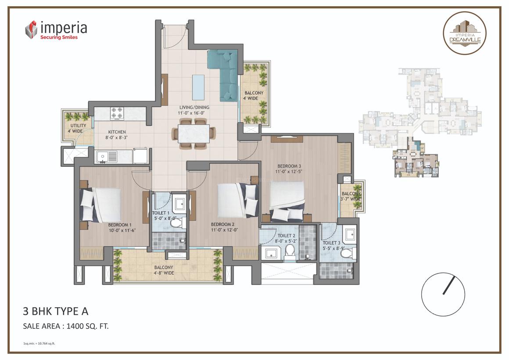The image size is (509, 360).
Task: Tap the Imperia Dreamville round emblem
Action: click(464, 33)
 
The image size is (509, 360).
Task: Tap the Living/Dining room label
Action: click(194, 110)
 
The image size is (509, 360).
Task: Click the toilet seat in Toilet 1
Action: click(176, 223)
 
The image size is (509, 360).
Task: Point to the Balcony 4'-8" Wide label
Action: click(164, 270)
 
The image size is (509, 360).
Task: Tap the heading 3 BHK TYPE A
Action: click(55, 311)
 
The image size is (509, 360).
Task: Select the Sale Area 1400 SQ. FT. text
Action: click(66, 326)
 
